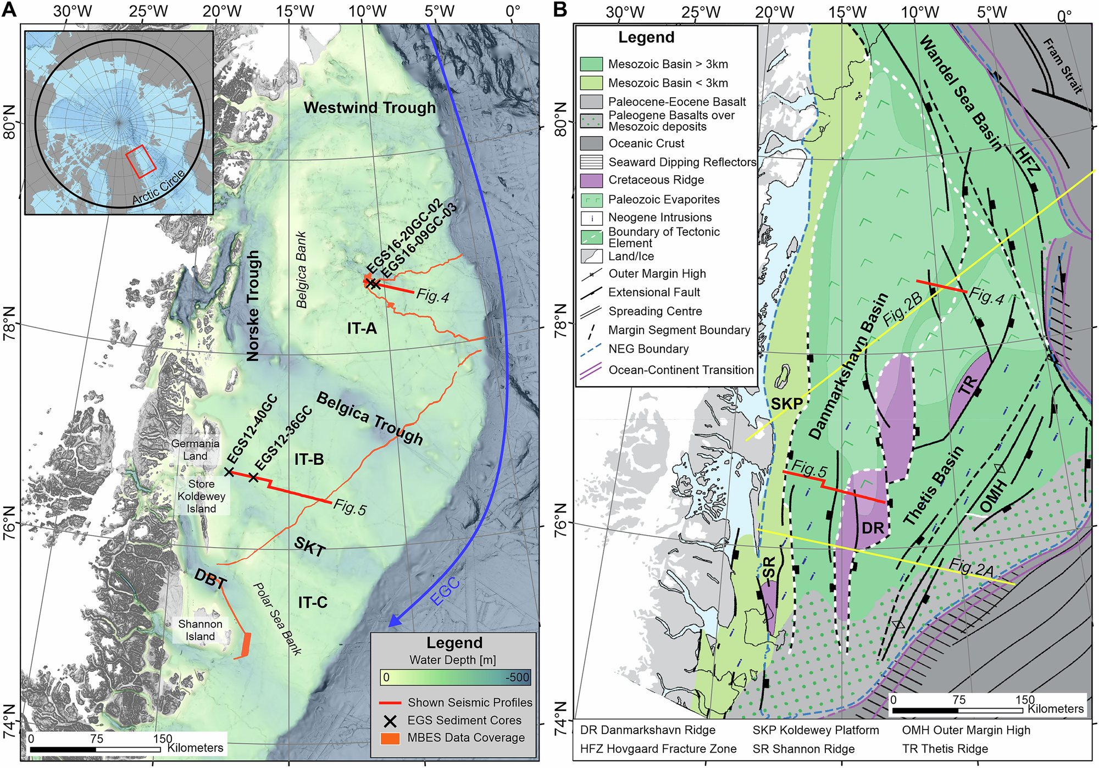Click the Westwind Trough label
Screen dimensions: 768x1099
click(x=370, y=108)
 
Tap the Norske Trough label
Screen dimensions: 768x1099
click(x=253, y=306)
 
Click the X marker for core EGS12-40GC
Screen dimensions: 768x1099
click(x=229, y=472)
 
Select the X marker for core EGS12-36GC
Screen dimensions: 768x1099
click(x=253, y=477)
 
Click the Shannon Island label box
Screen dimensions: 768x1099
click(x=200, y=630)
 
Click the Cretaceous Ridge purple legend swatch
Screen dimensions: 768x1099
click(x=591, y=180)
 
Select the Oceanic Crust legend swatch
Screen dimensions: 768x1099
click(x=591, y=143)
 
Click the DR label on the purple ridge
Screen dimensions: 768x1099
click(x=873, y=528)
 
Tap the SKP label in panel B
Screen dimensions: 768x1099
click(x=786, y=404)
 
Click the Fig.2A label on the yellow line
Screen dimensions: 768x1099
click(x=971, y=568)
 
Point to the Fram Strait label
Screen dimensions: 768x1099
click(x=1062, y=66)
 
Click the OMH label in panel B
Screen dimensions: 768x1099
click(x=993, y=496)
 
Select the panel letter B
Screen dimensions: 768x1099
click(x=560, y=9)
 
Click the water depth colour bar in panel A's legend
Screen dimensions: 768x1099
click(x=456, y=677)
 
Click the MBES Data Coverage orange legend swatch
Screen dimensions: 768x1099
click(x=390, y=738)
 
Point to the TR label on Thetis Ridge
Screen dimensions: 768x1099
click(x=968, y=386)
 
